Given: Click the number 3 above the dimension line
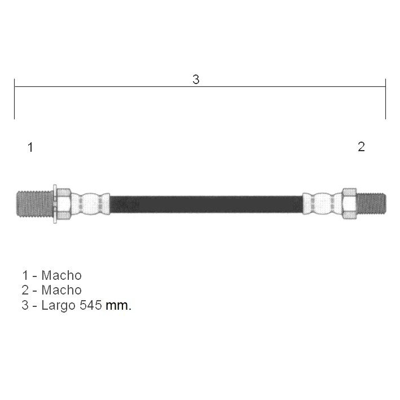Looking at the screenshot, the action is (x=196, y=80).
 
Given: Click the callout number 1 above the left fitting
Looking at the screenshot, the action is (x=30, y=147).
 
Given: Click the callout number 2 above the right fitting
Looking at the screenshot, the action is (x=361, y=147).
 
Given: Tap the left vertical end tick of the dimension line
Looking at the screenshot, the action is (x=15, y=99).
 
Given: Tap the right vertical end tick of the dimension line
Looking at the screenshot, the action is (x=385, y=99).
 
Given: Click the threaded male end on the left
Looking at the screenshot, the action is (x=34, y=204).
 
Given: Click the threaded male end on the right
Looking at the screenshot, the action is (x=371, y=204).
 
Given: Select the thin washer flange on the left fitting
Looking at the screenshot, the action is (x=55, y=204).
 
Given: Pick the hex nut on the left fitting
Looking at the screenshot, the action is (x=64, y=204).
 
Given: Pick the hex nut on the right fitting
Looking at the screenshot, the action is (x=349, y=204).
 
